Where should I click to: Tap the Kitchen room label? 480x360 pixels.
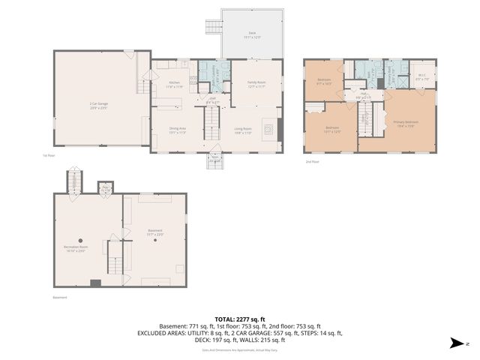(x=174, y=85)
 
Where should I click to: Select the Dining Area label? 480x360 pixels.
(x=178, y=130)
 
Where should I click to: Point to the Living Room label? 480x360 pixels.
(x=242, y=130)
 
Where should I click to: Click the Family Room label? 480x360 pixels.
(x=257, y=85)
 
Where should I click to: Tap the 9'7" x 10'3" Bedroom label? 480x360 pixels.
(x=324, y=81)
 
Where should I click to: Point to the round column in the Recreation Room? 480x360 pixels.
(x=80, y=240)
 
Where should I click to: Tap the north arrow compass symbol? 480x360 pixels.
(x=457, y=343)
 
